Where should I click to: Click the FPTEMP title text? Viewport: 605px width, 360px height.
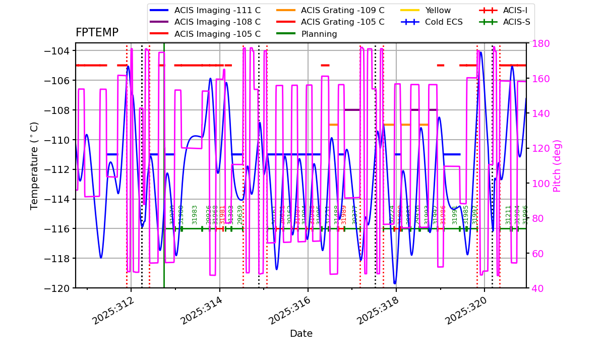click(x=97, y=33)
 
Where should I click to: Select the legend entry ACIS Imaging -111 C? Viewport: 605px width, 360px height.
click(x=217, y=10)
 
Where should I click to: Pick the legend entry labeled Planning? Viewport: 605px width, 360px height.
click(x=319, y=34)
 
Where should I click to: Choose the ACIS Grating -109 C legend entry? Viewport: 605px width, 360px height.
click(x=342, y=10)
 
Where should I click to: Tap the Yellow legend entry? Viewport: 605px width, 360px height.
click(x=438, y=10)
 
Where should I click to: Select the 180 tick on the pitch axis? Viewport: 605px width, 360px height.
click(x=538, y=44)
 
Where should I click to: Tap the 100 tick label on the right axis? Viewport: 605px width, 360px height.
click(x=538, y=184)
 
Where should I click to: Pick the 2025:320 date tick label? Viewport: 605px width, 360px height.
click(x=464, y=310)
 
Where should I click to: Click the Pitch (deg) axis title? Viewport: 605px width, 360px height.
click(x=557, y=165)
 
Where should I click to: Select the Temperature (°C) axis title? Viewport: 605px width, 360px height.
click(x=34, y=165)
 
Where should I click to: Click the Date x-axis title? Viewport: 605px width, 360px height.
click(x=301, y=334)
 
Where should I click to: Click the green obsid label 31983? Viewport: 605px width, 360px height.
click(x=195, y=214)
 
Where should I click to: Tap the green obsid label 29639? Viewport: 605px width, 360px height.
click(x=240, y=214)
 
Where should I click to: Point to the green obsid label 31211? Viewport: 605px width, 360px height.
click(x=508, y=214)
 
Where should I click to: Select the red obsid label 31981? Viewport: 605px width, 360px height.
click(x=222, y=214)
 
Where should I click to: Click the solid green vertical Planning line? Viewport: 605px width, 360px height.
click(x=164, y=151)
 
